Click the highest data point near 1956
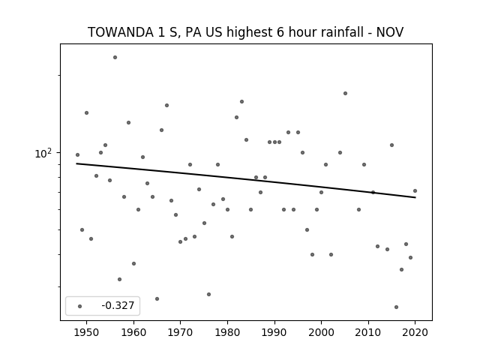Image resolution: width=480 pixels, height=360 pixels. coord(115,57)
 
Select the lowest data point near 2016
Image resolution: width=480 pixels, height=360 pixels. coord(397,307)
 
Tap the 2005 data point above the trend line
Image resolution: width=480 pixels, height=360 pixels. coord(345,93)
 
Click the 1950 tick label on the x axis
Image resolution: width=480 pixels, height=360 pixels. coord(87,332)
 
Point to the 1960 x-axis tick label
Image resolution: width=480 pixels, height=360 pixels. coord(133,332)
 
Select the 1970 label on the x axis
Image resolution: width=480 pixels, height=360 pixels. coord(181,332)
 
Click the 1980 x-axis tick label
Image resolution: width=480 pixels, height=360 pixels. coord(227,332)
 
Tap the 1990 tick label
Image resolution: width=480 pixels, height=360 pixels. coord(274,332)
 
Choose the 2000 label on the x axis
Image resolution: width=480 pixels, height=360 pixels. coord(322,332)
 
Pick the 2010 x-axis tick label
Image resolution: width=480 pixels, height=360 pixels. coord(368,332)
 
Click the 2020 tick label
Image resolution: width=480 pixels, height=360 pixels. coord(415,332)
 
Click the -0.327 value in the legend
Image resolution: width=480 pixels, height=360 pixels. coord(118,305)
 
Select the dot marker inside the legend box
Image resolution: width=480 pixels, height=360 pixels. coord(80,306)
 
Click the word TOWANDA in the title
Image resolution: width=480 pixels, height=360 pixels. coord(121,32)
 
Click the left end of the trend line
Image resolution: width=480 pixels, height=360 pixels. coord(76,163)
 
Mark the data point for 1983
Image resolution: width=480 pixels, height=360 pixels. coord(241,102)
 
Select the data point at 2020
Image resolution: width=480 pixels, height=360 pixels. coord(415,190)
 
